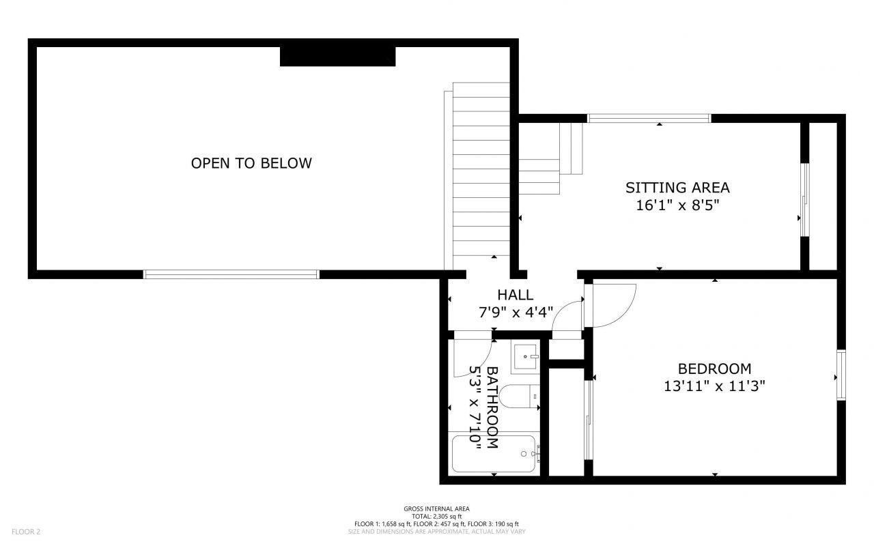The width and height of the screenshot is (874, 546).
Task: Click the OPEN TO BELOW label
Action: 251,163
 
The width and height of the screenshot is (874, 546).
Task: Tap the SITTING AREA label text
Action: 677,187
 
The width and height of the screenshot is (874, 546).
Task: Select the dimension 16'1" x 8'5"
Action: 677,204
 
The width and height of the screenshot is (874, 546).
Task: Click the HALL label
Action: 515,296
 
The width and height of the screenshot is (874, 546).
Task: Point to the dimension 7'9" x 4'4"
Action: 515,313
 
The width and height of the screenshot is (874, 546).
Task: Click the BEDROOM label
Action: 714,369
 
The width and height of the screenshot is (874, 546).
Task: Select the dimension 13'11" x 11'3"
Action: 714,386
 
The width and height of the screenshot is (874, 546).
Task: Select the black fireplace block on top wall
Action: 337,56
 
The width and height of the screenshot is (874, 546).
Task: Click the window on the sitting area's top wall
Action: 649,118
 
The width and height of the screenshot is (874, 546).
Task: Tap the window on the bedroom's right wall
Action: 841,375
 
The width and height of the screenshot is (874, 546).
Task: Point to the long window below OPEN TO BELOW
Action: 231,274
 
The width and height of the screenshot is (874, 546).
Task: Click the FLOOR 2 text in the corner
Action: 26,531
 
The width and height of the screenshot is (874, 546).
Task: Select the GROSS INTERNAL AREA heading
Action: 436,508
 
